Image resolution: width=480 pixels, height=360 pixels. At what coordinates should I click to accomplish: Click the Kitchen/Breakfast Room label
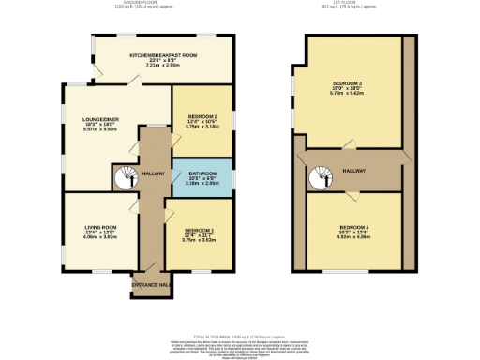coord(163,56)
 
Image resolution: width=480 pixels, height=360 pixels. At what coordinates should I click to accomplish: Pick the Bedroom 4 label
coord(354,228)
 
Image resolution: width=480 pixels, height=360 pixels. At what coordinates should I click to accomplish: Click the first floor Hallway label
coord(353,170)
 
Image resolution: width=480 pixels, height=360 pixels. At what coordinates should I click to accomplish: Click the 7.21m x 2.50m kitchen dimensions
coord(163,66)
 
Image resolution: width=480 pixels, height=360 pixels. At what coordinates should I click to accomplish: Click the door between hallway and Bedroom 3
coord(349,144)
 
